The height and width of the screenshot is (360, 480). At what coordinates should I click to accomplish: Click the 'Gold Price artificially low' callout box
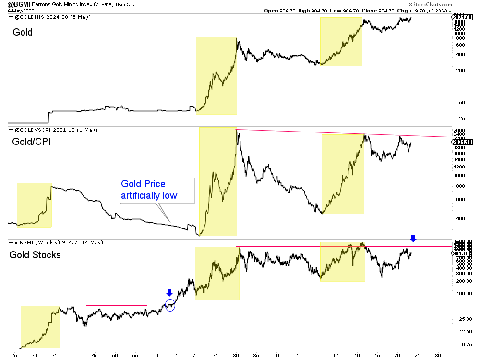156,190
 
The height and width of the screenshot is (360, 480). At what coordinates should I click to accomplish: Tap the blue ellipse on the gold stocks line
170,304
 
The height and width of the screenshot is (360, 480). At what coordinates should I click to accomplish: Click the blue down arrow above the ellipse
169,293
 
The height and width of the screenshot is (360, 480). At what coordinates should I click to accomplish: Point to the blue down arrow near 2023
413,238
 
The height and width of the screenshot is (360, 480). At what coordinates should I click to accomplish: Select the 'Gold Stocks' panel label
35,255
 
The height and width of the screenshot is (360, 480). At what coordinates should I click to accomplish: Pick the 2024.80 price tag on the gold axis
461,18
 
